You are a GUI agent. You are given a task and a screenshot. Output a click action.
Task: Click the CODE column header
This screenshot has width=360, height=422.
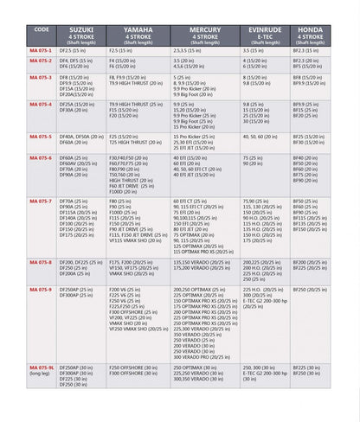click(42, 29)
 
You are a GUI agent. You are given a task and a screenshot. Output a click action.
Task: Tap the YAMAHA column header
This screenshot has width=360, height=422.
click(138, 35)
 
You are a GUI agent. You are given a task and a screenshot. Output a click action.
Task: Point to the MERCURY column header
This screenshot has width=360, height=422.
click(205, 35)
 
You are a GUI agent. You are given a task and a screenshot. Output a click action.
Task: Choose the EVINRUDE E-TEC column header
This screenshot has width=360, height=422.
click(265, 35)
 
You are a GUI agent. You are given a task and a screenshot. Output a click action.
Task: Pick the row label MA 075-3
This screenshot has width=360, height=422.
click(41, 78)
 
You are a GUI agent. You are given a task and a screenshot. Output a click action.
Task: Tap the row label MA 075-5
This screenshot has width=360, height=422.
click(41, 137)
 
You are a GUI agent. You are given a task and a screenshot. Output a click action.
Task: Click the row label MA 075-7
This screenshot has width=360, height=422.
click(41, 201)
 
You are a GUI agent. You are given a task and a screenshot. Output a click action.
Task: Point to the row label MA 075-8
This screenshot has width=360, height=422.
click(41, 261)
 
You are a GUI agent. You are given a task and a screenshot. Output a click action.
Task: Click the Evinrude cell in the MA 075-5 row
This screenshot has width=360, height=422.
click(266, 137)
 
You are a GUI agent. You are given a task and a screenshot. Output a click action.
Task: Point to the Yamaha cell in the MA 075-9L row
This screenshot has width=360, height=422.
click(138, 371)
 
